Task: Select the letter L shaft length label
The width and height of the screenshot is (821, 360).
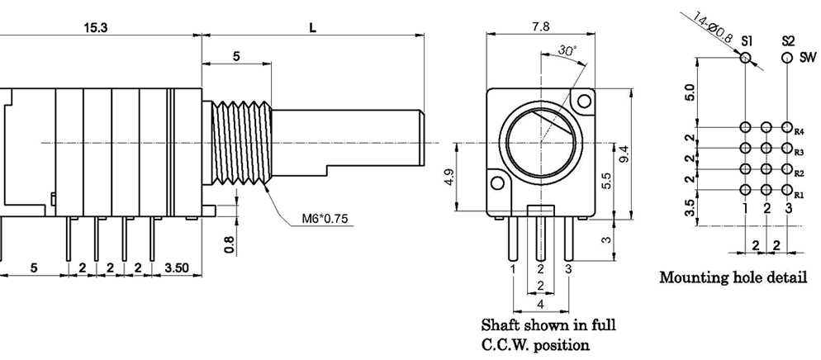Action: pos(313,27)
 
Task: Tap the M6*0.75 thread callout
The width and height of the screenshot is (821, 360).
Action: pos(325,219)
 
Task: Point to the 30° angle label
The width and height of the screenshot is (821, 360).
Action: pos(567,50)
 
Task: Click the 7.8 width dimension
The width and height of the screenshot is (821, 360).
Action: pos(541,26)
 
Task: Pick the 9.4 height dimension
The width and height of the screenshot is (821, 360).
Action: pos(624,154)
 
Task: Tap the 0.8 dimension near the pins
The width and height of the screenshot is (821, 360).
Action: pos(230,244)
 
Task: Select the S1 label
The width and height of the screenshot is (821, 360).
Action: pos(746,40)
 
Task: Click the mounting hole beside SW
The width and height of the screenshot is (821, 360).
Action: pos(787,58)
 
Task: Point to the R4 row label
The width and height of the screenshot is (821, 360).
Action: pos(799,131)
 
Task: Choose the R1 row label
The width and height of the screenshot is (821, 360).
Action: pos(799,196)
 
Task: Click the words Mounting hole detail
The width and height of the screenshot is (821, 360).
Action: pos(733,277)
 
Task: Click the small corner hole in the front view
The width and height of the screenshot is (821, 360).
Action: pos(585,102)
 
